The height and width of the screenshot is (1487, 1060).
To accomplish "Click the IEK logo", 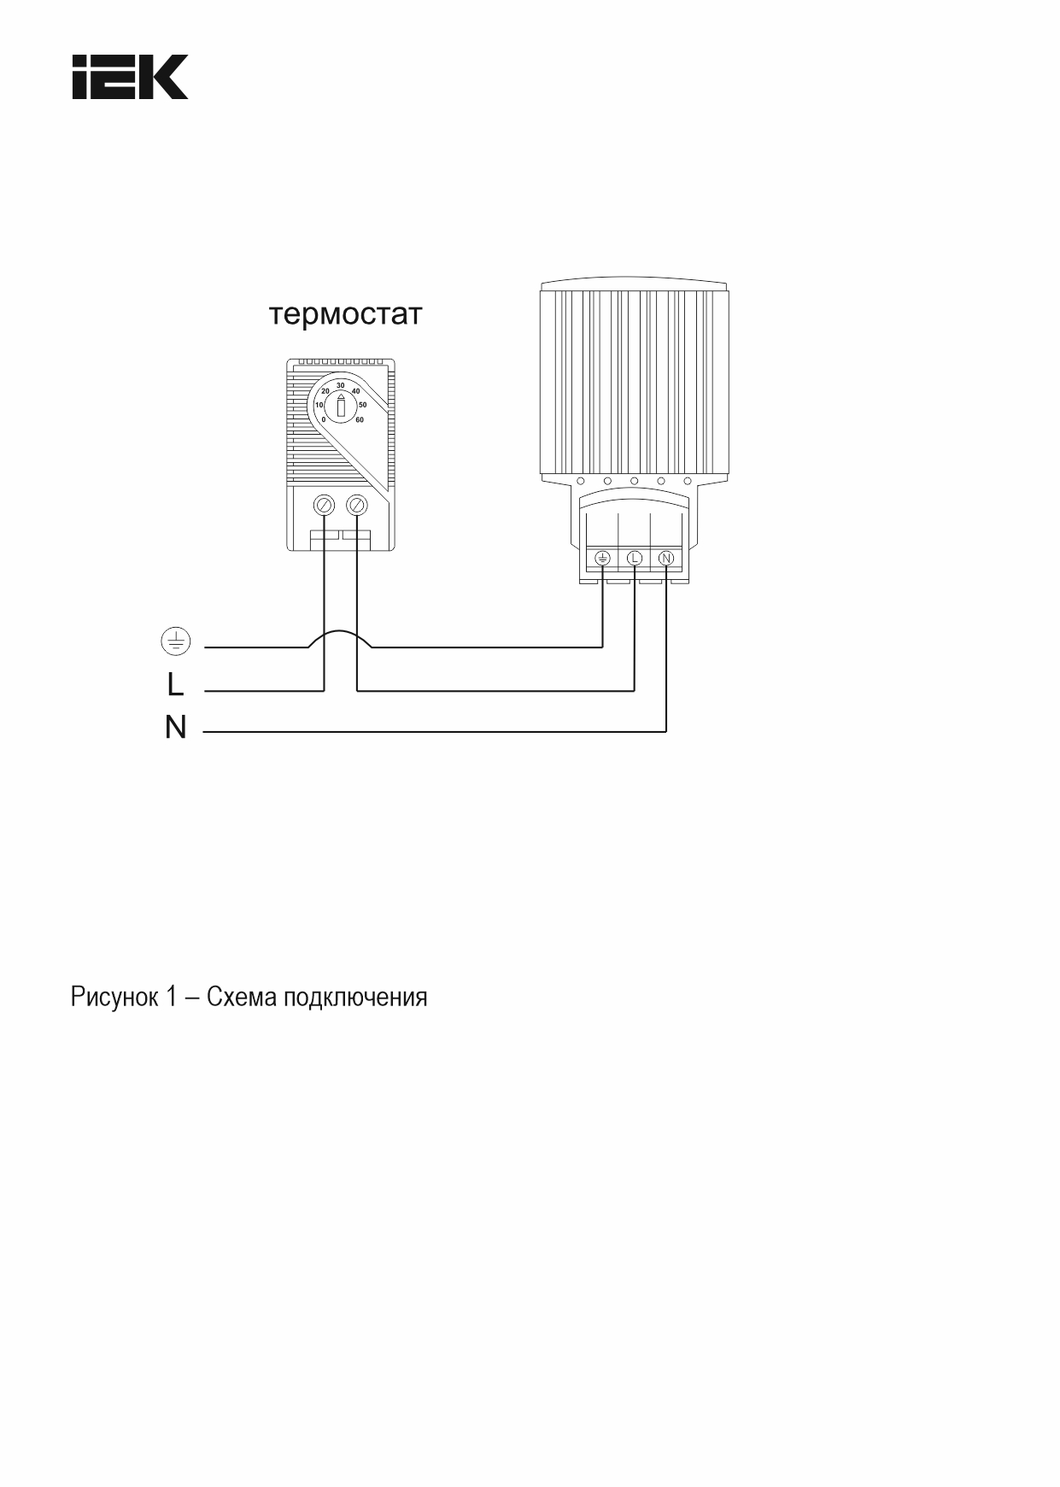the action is pyautogui.click(x=131, y=78).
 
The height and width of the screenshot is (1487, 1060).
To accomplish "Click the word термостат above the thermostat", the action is pyautogui.click(x=346, y=314).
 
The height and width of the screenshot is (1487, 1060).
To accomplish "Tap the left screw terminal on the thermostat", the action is pyautogui.click(x=325, y=505).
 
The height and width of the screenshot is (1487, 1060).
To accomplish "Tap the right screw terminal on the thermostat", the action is pyautogui.click(x=357, y=505).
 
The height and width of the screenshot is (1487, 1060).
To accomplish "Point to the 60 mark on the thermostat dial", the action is pyautogui.click(x=360, y=419).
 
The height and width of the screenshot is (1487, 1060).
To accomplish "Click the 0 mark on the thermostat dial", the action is pyautogui.click(x=324, y=419).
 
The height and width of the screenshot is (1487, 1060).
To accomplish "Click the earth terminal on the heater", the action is pyautogui.click(x=602, y=558).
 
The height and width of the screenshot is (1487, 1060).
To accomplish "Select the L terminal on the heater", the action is pyautogui.click(x=635, y=558).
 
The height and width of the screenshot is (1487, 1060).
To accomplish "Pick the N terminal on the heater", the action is pyautogui.click(x=666, y=558).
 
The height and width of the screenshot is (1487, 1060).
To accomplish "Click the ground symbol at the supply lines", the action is pyautogui.click(x=176, y=641).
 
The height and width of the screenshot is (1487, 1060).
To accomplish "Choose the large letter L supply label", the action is pyautogui.click(x=175, y=684).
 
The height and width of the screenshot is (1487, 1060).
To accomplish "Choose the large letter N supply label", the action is pyautogui.click(x=175, y=727).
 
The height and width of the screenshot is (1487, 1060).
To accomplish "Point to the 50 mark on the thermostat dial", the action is pyautogui.click(x=362, y=404).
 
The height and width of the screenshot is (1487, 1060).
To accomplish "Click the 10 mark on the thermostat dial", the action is pyautogui.click(x=319, y=405).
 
